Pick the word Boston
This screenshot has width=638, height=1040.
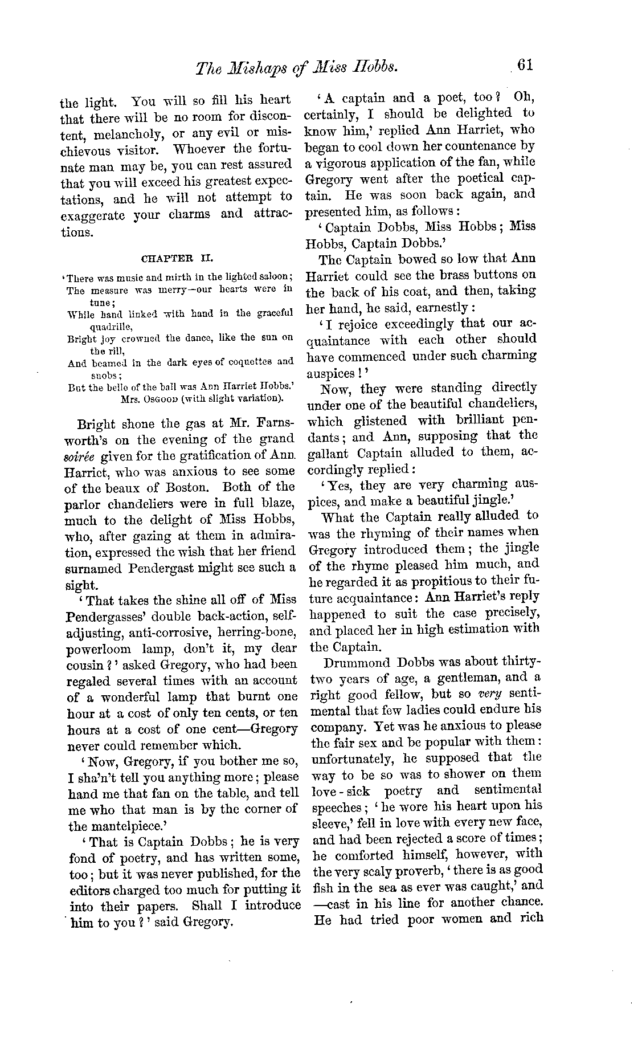(x=189, y=487)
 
